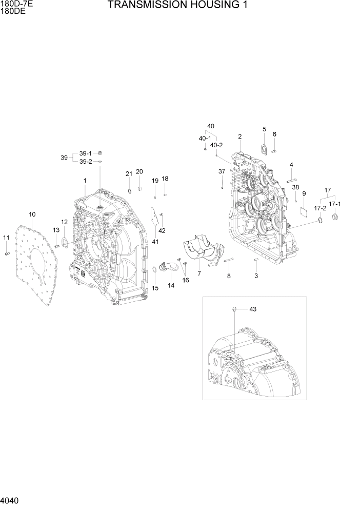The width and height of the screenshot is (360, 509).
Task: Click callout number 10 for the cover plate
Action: (32, 213)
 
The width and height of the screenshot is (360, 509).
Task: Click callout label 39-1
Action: (85, 153)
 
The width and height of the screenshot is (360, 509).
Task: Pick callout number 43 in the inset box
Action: (252, 309)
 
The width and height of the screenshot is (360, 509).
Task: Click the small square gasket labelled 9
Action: (304, 210)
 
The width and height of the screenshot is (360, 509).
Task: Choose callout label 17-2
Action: (319, 208)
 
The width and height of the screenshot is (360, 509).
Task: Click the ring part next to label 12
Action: (65, 242)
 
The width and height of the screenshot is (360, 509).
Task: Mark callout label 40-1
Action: (205, 139)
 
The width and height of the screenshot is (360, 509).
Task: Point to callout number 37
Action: (222, 171)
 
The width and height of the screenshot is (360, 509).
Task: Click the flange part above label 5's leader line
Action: (264, 149)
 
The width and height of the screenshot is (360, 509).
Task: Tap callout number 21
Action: (129, 173)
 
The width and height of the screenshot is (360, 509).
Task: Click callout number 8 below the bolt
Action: (229, 276)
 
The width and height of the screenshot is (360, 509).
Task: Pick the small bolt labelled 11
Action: (7, 253)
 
